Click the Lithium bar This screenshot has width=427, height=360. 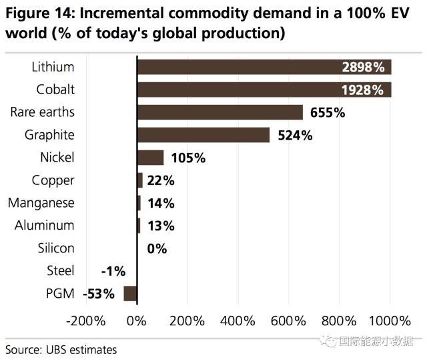pos(264,67)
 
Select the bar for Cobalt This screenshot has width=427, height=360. pos(264,89)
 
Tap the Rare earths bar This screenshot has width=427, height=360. pos(220,112)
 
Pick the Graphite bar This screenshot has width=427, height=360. pos(203,135)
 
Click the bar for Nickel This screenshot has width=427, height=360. pos(150,158)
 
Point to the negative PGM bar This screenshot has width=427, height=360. pos(130,293)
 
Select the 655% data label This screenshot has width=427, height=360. pos(327,112)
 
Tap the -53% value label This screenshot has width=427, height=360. pos(99,293)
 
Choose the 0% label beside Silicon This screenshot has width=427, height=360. pos(156,248)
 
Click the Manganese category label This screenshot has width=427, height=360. pos(41,203)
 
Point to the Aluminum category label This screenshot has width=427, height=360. pos(45,226)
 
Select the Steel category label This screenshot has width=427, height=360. pos(61,271)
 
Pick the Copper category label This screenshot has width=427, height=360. pos(53,180)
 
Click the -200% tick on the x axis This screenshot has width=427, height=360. pos(85,321)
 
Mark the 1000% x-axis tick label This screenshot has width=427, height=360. pos(389,321)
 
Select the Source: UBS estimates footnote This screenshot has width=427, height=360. pos(61,349)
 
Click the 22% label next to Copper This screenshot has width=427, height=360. pos(160,180)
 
